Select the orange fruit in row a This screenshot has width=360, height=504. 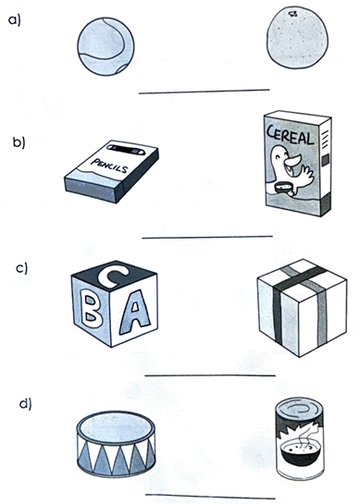pos(298,38)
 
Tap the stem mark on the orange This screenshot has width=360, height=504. pos(292,14)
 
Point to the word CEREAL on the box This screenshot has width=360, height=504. pos(291,135)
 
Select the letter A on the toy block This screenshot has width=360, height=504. pos(135,312)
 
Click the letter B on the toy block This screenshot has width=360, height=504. pos(91,309)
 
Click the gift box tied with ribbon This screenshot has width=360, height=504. pos(302,308)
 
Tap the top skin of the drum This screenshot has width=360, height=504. pos(116,426)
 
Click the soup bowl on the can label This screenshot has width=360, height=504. pos(299,452)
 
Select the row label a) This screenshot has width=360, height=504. pos(14,20)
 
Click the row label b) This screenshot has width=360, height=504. pos(19,142)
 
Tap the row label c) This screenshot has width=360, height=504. pos(21,268)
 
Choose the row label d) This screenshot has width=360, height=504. pos(25,403)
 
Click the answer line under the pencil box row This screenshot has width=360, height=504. pos(207,238)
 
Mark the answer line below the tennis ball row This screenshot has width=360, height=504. pos(205,92)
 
